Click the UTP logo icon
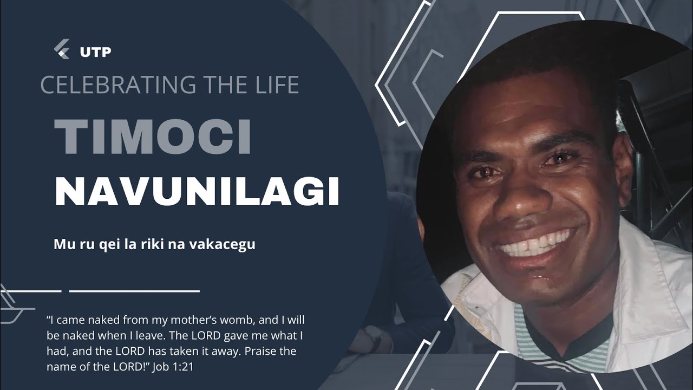[x=62, y=50]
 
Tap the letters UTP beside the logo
[x=95, y=52]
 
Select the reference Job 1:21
[x=174, y=367]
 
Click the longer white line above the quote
[x=134, y=291]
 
